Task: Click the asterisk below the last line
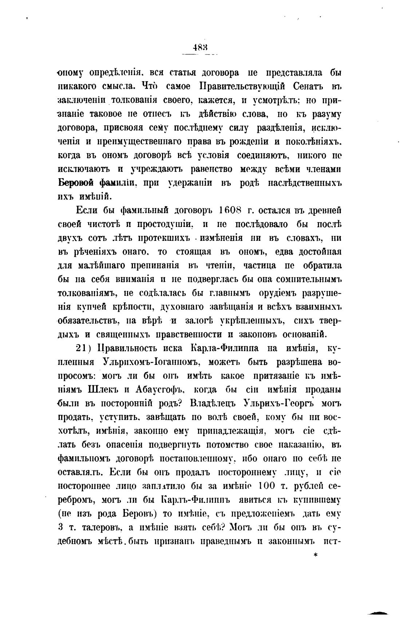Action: (x=316, y=555)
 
